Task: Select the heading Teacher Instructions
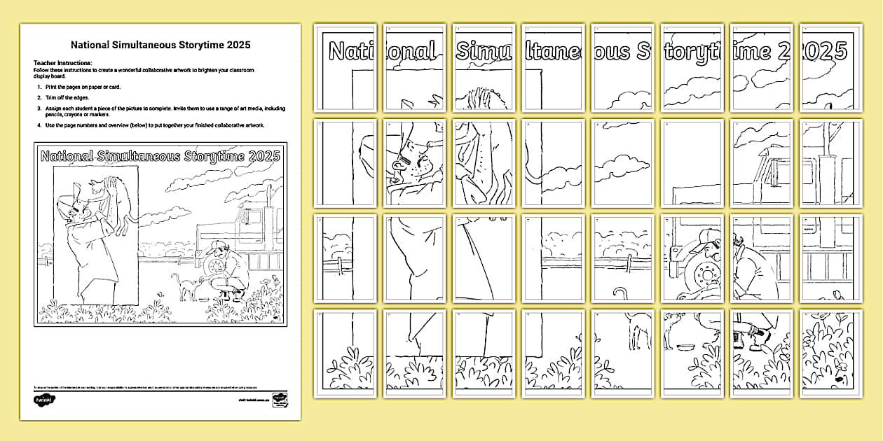pos(62,63)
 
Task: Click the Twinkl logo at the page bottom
pos(44,400)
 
